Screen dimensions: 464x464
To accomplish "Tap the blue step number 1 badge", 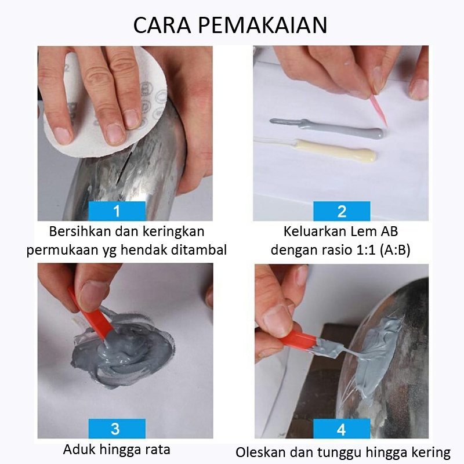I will [117, 211].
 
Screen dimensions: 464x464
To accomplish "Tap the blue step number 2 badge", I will [341, 211].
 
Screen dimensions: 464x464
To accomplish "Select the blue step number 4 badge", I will [341, 429].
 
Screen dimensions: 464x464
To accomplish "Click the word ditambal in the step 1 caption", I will [202, 251].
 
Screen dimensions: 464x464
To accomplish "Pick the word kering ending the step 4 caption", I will [432, 452].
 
